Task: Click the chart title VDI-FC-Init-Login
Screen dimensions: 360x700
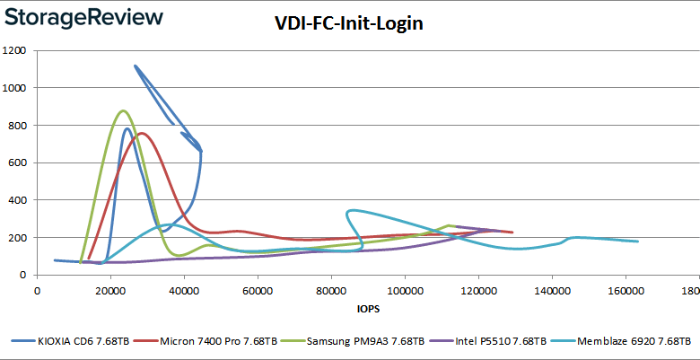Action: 349,23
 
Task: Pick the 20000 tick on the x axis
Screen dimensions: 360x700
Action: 110,292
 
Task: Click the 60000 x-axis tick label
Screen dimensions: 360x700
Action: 258,292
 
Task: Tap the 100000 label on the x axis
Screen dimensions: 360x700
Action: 404,292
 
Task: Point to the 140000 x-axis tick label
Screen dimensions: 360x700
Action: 551,292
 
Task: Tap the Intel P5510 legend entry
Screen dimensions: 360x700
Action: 495,341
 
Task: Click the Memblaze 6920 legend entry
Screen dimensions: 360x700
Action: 630,341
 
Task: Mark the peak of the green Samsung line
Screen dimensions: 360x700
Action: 123,111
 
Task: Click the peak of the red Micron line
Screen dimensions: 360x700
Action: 142,134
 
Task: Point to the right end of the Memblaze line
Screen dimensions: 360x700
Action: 637,241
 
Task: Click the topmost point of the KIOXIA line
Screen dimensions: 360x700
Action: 135,66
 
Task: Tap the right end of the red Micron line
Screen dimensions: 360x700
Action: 512,233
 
